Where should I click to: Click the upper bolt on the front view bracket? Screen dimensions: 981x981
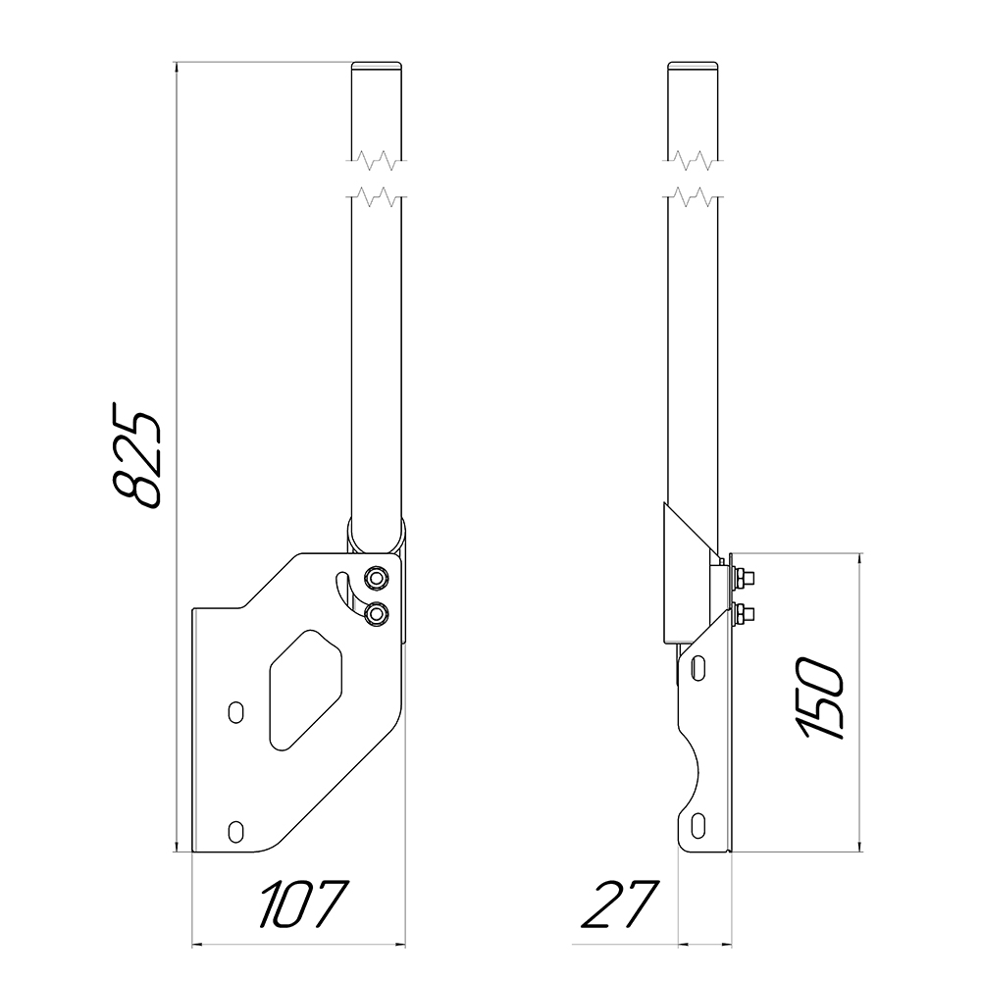pos(375,576)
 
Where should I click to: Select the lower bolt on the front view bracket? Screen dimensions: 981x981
pos(375,613)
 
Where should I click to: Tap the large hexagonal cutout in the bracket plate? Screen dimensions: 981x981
pos(305,691)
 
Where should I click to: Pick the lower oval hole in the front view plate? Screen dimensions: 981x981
pos(234,831)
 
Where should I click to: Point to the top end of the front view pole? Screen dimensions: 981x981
pos(378,67)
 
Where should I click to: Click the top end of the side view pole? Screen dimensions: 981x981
pos(696,67)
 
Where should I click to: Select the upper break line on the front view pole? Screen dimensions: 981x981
pos(378,159)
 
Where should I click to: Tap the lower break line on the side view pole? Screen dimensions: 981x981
pos(696,197)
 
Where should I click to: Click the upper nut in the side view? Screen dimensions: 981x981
pos(745,577)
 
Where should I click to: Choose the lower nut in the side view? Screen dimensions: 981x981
pos(745,615)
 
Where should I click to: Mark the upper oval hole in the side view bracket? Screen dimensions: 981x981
pos(697,668)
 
